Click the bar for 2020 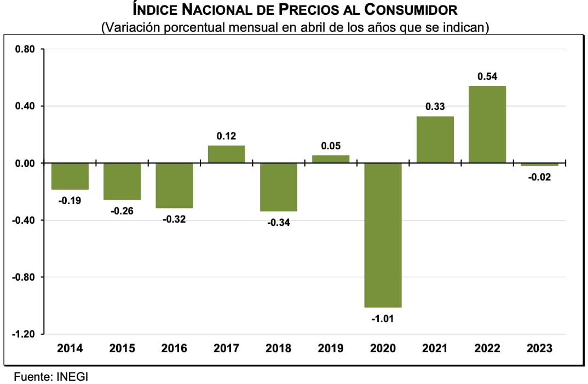coord(383,235)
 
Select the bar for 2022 coord(487,124)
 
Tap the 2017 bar coord(227,154)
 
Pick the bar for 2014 coord(70,176)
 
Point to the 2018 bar coord(279,187)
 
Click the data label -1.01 coord(383,318)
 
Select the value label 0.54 coord(487,77)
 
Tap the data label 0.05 coord(331,146)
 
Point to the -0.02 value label coord(539,177)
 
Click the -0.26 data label coord(122,211)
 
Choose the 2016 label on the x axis coord(174,348)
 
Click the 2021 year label coord(435,348)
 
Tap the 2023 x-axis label coord(539,348)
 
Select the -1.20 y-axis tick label coord(24,334)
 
